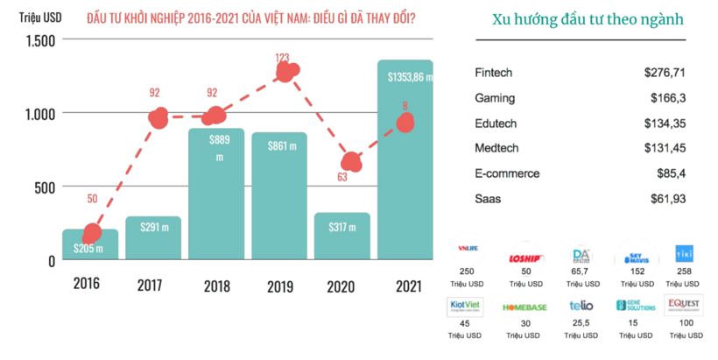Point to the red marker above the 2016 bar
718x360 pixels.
(92, 233)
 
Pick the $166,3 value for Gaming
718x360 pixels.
(667, 97)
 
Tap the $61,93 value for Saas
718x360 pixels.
(667, 199)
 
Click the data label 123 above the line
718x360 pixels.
(282, 58)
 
